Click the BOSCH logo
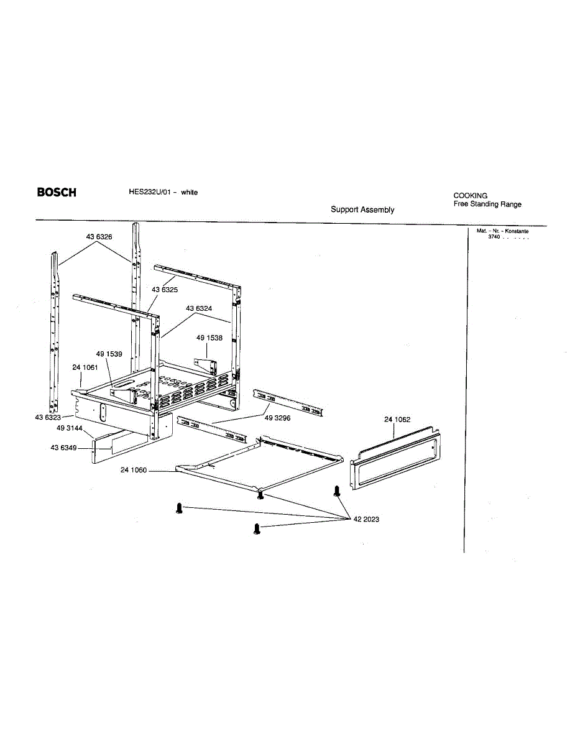point(57,192)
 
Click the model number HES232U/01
point(145,192)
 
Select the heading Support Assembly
point(362,210)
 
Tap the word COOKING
point(471,195)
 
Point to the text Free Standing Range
point(487,204)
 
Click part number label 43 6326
point(99,237)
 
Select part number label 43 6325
point(165,290)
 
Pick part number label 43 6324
point(199,308)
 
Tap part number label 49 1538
point(209,338)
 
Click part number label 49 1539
point(109,354)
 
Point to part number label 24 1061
point(85,367)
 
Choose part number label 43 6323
point(47,417)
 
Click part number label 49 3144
point(70,428)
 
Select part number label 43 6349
point(63,448)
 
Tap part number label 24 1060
point(134,470)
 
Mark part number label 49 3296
point(278,418)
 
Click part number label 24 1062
point(397,420)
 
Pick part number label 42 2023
point(366,519)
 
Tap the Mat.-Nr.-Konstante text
point(502,231)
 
